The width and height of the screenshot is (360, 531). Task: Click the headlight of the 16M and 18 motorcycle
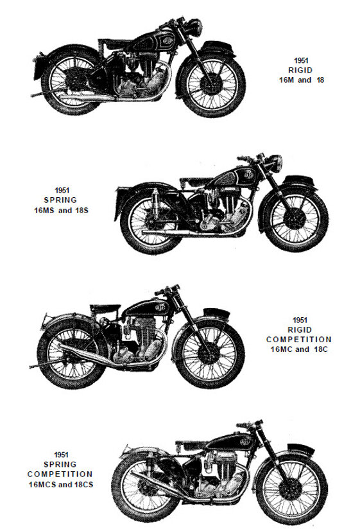[x=196, y=27]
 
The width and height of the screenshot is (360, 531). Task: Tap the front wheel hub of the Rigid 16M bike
[x=210, y=83]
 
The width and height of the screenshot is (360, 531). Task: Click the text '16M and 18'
[x=302, y=80]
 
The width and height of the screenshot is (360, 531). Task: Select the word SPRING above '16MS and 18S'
[x=60, y=200]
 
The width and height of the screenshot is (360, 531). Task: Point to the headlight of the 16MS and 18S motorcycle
[x=275, y=163]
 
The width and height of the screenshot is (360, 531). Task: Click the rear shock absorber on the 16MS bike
[x=155, y=203]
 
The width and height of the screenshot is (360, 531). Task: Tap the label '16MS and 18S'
[x=61, y=211]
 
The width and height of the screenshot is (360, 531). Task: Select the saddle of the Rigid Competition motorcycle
[x=105, y=308]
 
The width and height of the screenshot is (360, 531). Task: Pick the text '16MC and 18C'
[x=300, y=349]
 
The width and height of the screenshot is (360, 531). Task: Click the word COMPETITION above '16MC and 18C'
[x=299, y=339]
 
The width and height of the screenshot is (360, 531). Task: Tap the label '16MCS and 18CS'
[x=61, y=484]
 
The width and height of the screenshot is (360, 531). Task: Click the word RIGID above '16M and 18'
[x=300, y=70]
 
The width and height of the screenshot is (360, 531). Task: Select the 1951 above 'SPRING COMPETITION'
[x=61, y=455]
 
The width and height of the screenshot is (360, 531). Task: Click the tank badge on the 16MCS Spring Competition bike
[x=244, y=442]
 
